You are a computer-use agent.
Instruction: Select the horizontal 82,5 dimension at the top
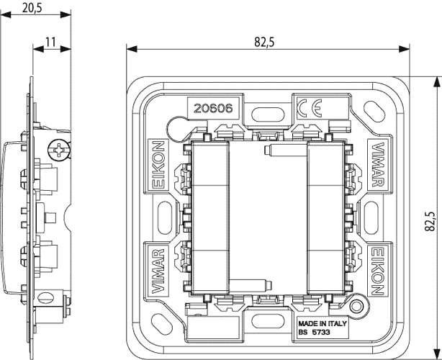click(265, 42)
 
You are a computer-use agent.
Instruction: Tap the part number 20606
click(211, 109)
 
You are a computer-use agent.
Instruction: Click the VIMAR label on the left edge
click(158, 271)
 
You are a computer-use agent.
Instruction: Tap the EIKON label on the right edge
click(376, 271)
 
